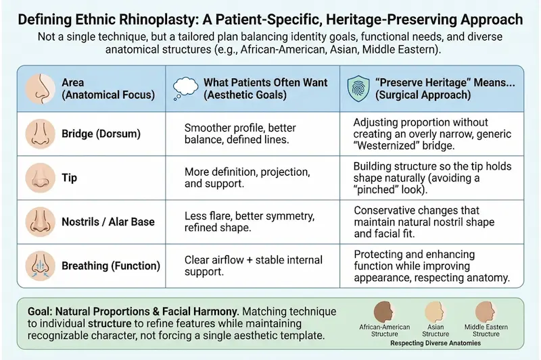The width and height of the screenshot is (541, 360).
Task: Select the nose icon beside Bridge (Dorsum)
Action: tap(38, 134)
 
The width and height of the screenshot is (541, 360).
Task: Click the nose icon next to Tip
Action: tap(38, 178)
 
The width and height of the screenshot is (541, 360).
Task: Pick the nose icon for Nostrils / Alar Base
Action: tap(38, 222)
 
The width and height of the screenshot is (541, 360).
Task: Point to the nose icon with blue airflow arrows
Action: tap(38, 265)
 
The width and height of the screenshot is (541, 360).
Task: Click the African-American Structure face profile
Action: tap(385, 313)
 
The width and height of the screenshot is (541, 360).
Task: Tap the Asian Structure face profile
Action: tap(435, 313)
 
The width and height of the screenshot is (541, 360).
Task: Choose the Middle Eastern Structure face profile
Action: tap(486, 313)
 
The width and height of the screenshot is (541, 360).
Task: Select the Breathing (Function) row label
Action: tap(110, 266)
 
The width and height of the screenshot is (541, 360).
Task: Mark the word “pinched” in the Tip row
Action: tap(378, 190)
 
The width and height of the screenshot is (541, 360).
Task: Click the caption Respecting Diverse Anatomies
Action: tap(435, 342)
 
